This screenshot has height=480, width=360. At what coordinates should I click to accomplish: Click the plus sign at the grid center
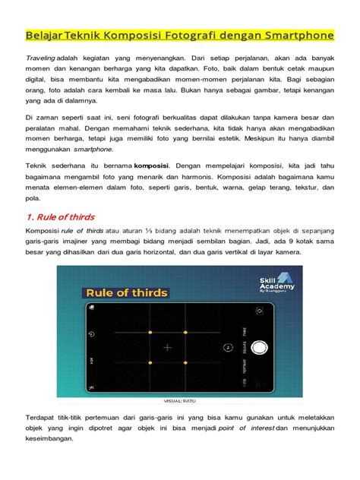[168, 347]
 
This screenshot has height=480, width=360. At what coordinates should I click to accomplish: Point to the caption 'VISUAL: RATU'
[180, 401]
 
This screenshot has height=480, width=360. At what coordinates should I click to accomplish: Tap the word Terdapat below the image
[43, 418]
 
